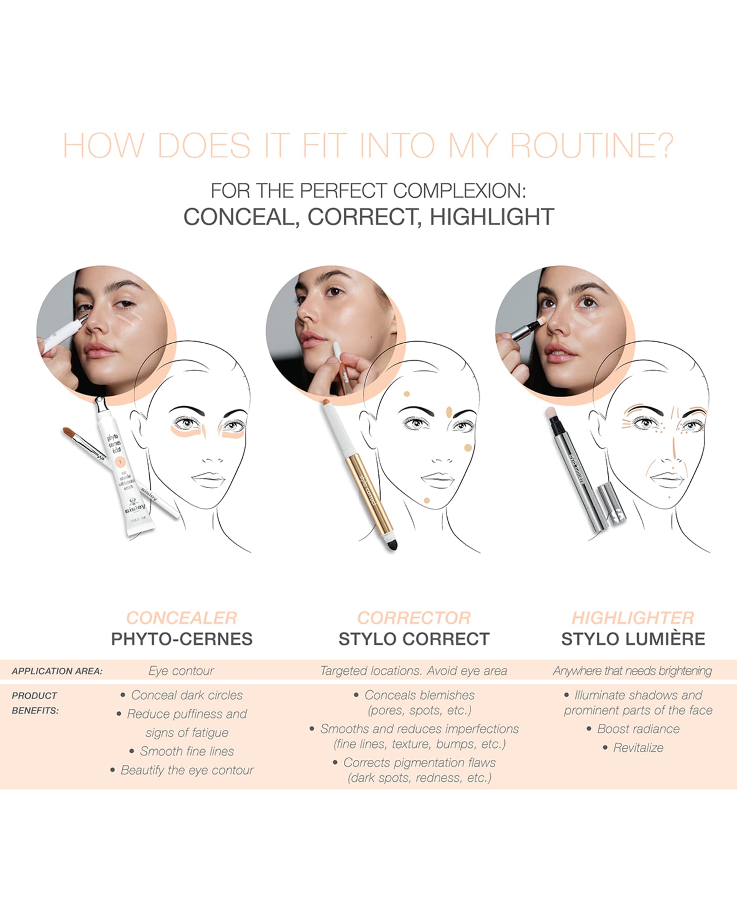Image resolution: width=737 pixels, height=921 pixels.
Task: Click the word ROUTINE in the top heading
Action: pyautogui.click(x=591, y=145)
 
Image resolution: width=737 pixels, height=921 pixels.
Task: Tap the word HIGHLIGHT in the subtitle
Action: pyautogui.click(x=492, y=217)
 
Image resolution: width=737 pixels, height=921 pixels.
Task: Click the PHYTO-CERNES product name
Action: pyautogui.click(x=181, y=638)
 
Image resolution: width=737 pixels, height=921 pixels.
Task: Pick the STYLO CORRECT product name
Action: pyautogui.click(x=414, y=638)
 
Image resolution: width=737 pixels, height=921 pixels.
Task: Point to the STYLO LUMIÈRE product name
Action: pyautogui.click(x=633, y=638)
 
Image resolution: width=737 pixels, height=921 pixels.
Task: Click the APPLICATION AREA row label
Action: pyautogui.click(x=57, y=671)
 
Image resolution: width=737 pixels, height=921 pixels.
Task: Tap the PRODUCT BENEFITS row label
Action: pyautogui.click(x=35, y=703)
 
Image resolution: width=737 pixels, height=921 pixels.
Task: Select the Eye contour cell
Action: pyautogui.click(x=181, y=671)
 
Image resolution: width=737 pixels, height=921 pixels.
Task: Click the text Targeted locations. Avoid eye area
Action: pyautogui.click(x=413, y=671)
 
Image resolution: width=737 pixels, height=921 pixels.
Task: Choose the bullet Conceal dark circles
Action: pyautogui.click(x=187, y=695)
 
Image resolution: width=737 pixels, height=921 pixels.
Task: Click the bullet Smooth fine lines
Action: pyautogui.click(x=187, y=751)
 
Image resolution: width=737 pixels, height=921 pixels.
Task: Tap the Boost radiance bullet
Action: pyautogui.click(x=638, y=728)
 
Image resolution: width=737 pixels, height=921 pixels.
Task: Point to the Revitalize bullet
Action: pyautogui.click(x=638, y=748)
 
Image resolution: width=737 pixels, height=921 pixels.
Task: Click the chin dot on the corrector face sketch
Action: pyautogui.click(x=426, y=500)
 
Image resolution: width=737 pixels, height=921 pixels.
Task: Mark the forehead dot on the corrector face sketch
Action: pyautogui.click(x=407, y=394)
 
